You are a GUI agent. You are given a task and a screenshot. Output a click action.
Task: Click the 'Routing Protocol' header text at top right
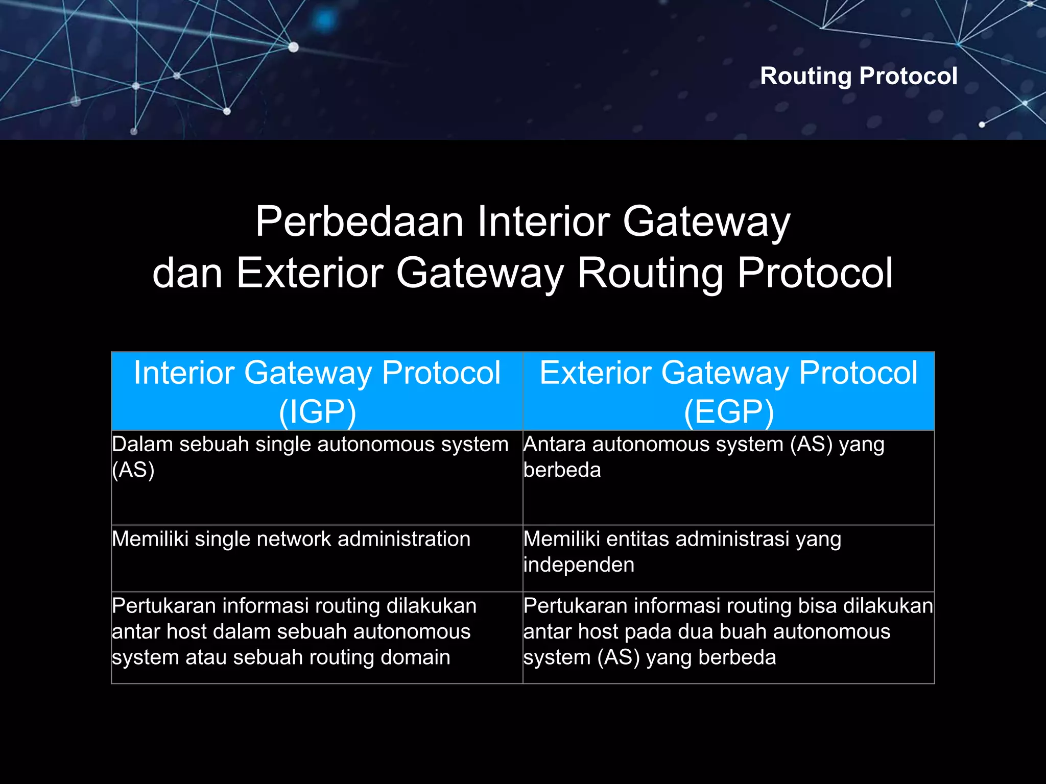(x=859, y=76)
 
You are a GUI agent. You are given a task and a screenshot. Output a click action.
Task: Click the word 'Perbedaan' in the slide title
(x=359, y=222)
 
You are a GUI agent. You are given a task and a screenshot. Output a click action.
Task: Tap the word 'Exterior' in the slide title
(x=310, y=273)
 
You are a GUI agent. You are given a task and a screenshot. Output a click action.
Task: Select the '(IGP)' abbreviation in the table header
(x=317, y=411)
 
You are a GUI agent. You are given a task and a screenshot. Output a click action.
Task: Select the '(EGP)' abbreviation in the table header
(x=729, y=411)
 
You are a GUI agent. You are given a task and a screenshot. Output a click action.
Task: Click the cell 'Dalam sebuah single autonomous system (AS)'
(x=310, y=456)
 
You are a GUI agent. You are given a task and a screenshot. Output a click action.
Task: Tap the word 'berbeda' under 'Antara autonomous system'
(x=562, y=470)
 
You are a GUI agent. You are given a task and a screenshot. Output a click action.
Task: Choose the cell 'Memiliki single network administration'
(x=291, y=539)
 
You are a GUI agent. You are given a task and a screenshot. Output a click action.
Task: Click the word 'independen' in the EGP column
(x=579, y=565)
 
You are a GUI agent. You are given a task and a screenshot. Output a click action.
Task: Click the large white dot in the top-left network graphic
(x=293, y=47)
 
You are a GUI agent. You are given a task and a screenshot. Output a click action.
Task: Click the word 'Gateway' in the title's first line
(x=706, y=222)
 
